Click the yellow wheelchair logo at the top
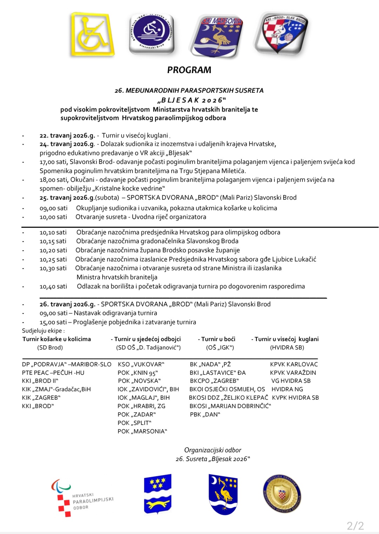[x=92, y=34]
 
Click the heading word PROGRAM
[x=189, y=70]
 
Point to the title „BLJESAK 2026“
[x=192, y=100]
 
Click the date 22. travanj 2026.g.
[x=67, y=135]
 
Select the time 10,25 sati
[x=53, y=259]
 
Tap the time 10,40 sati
[x=53, y=286]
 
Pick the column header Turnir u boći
[x=218, y=339]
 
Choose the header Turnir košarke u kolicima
[x=56, y=339]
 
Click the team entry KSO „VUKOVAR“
[x=141, y=364]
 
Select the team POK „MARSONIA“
[x=142, y=431]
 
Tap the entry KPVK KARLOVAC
[x=294, y=364]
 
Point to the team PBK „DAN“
[x=205, y=414]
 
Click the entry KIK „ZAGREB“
[x=41, y=398]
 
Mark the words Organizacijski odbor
[x=213, y=450]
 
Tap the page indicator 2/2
[x=355, y=526]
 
